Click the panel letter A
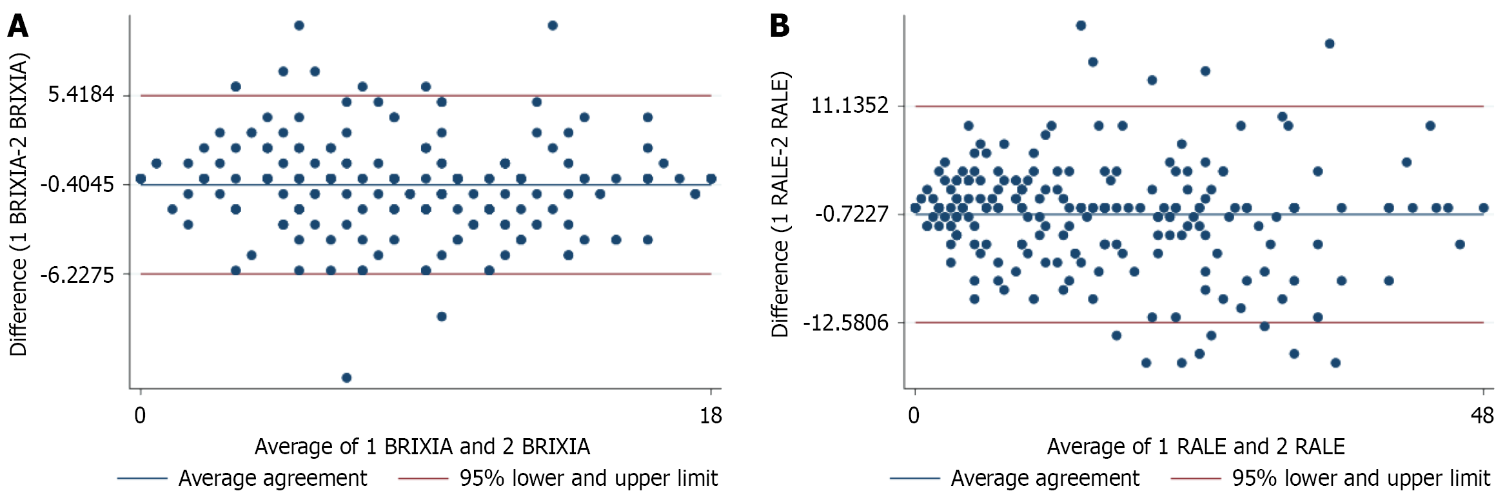pos(17,26)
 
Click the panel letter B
pos(780,26)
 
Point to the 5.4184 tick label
pos(81,95)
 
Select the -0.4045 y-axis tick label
pos(77,185)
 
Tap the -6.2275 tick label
pos(77,275)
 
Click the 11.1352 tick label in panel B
pos(849,105)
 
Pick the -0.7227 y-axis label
pos(852,214)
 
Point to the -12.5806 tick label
pos(846,323)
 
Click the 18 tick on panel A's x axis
pos(711,416)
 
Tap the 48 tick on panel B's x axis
pos(1482,416)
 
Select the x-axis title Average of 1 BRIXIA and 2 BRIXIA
pos(422,447)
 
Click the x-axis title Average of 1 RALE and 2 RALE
pos(1196,447)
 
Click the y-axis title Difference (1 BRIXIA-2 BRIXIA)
pos(19,205)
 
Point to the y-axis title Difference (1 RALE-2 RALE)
pos(780,205)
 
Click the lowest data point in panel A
pos(346,378)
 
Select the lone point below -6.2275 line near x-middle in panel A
pos(442,316)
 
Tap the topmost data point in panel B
pos(1081,26)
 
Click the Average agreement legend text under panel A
pos(273,479)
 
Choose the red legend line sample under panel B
pos(1196,479)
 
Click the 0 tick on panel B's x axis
pos(914,416)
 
